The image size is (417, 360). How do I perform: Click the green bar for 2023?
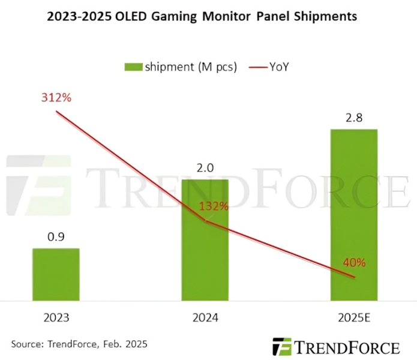56,274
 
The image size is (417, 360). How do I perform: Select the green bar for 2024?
205,239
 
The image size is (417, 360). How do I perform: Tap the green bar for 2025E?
354,214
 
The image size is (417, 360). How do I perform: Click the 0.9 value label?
56,238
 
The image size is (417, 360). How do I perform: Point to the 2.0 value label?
205,169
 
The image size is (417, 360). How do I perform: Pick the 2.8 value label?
354,118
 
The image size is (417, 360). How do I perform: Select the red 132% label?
214,206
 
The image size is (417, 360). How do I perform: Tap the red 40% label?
354,262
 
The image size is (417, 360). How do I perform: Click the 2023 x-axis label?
56,317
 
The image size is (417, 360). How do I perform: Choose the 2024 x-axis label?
205,317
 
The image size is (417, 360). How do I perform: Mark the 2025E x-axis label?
354,317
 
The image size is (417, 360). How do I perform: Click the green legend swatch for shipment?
133,67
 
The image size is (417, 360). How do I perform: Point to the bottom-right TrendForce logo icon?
281,347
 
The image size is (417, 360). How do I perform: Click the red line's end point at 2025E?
355,277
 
